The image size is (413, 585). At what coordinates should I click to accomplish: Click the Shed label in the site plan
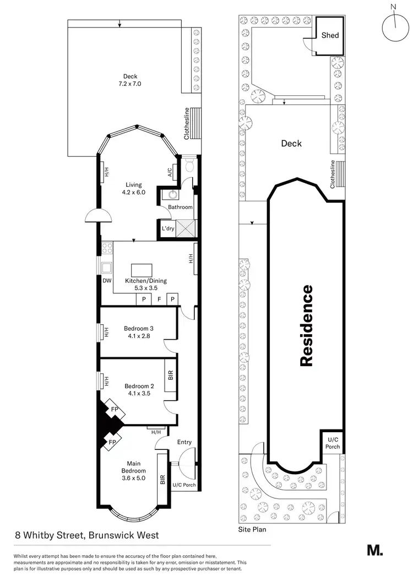tap(330, 35)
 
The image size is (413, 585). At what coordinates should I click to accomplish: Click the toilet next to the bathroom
tap(190, 165)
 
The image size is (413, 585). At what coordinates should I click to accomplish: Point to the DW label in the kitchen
tap(107, 281)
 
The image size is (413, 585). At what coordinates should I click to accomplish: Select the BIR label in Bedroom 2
tap(171, 376)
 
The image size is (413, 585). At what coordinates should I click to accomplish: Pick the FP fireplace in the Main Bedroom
tap(114, 442)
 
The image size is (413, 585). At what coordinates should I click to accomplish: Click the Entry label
tap(184, 442)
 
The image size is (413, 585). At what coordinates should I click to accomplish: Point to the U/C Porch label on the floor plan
tap(184, 485)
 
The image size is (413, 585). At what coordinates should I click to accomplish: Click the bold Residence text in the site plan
tap(306, 325)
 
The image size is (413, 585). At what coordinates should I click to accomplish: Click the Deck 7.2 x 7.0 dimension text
tap(130, 84)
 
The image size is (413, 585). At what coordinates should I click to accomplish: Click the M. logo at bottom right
tap(375, 550)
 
